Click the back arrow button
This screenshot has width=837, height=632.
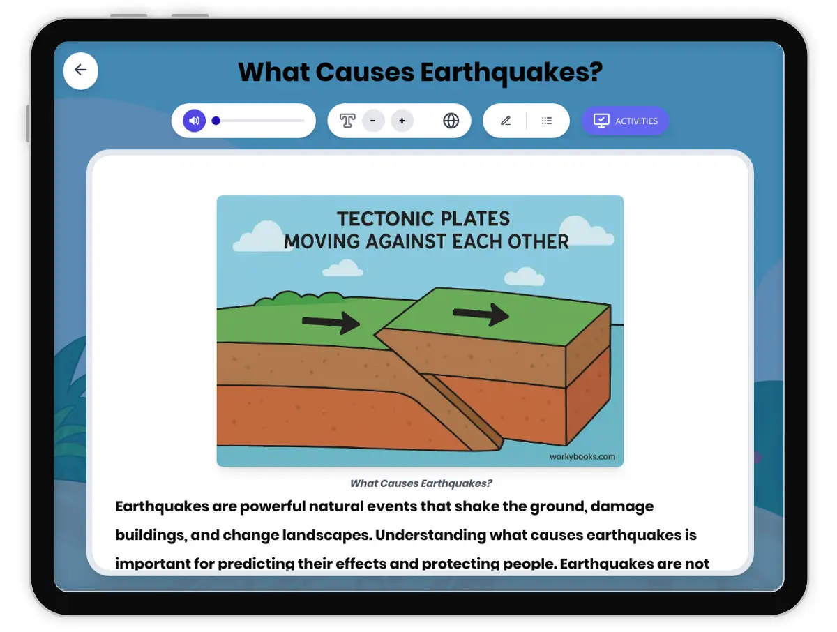(x=81, y=70)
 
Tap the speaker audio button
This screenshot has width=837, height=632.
(x=195, y=121)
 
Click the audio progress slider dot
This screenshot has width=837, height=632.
(x=216, y=121)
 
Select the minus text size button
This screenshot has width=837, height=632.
(x=373, y=121)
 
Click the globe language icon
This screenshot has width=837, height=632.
(x=451, y=121)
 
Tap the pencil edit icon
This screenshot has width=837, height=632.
(x=506, y=121)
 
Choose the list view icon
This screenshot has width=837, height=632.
(x=547, y=121)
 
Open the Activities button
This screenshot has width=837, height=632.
(x=625, y=121)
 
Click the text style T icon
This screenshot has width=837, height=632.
(x=347, y=121)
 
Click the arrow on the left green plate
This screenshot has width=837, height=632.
(x=331, y=322)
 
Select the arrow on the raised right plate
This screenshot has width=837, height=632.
(x=481, y=314)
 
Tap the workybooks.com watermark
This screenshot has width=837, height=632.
(x=582, y=457)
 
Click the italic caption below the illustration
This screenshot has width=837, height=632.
(x=421, y=483)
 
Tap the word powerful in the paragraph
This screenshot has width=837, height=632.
(x=269, y=506)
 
